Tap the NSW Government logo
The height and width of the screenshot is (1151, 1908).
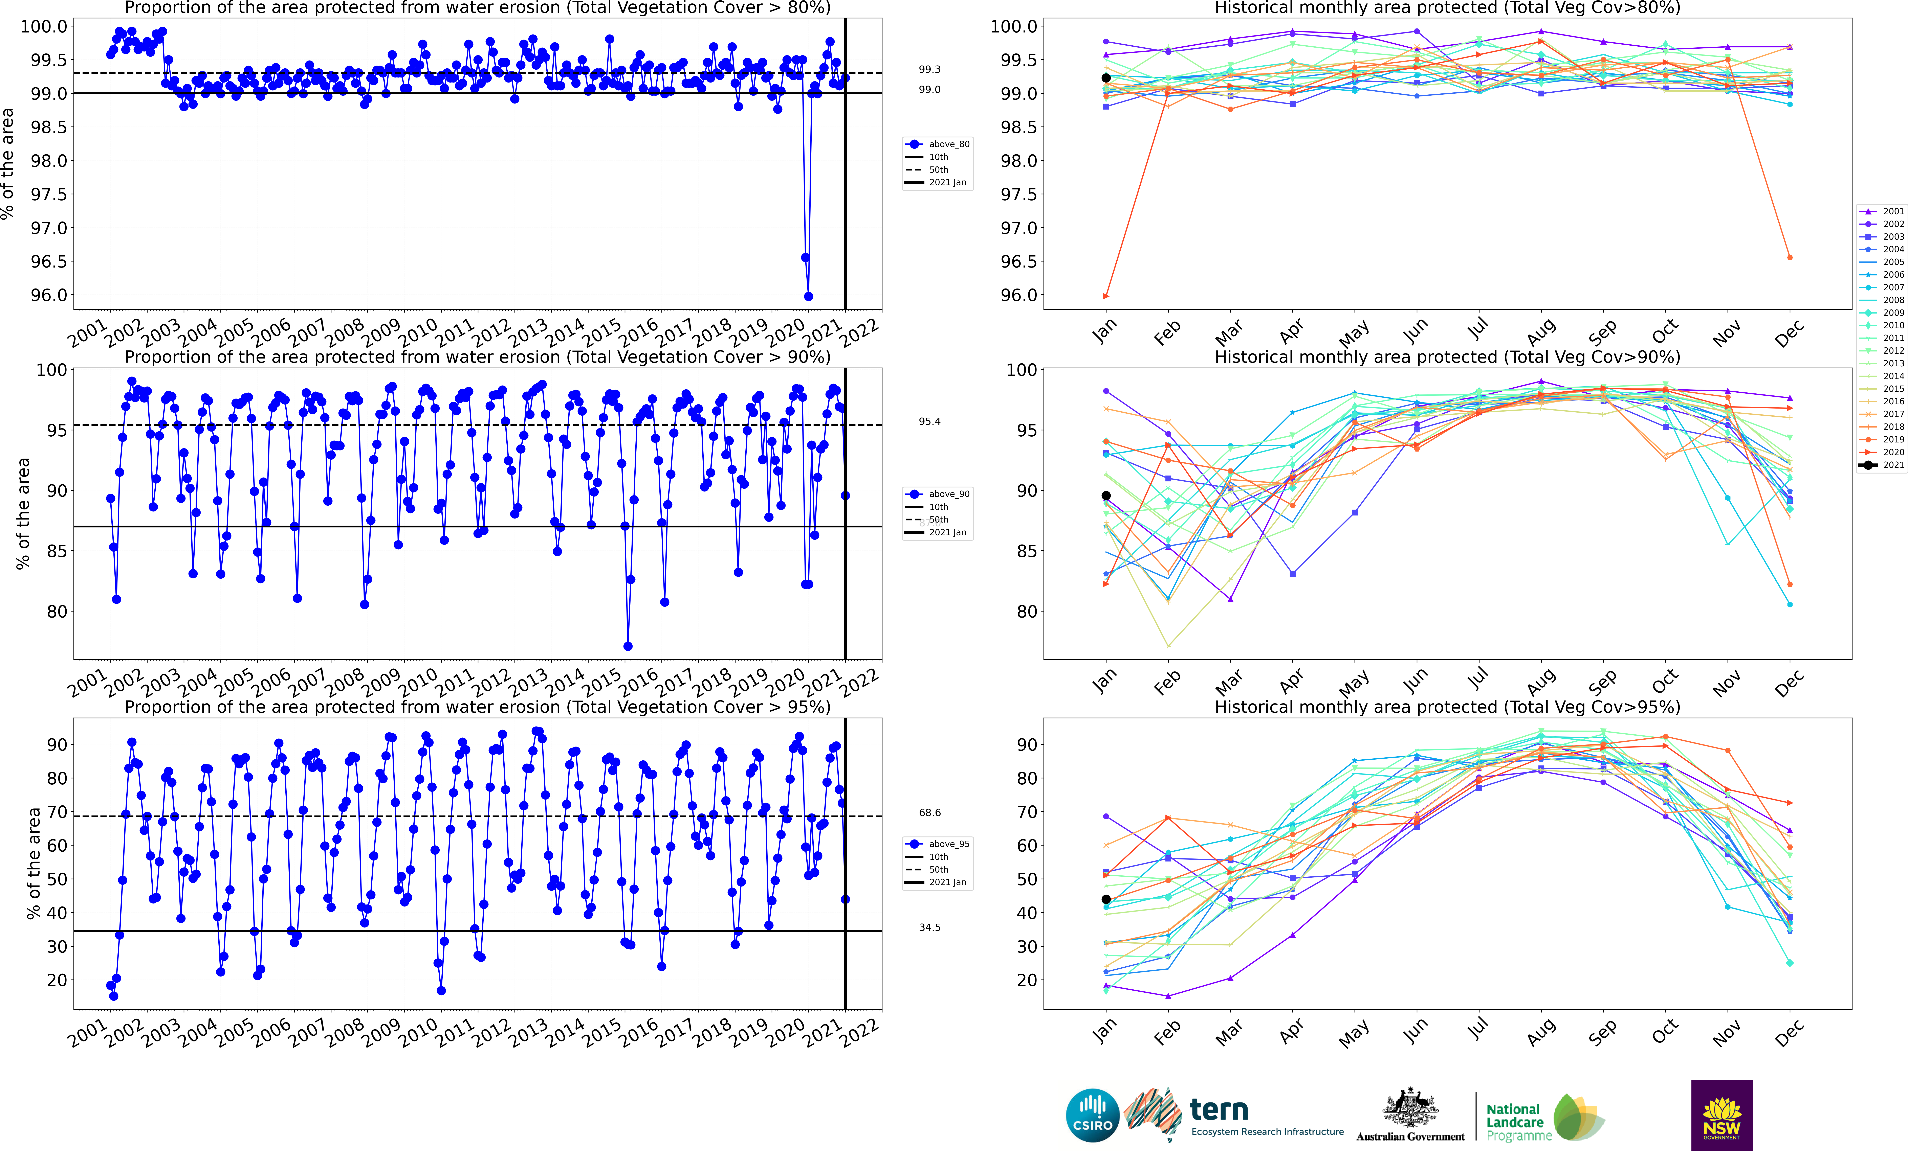(1721, 1115)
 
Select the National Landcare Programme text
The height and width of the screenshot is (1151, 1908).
(1518, 1122)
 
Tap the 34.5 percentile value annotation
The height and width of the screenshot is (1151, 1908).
(929, 927)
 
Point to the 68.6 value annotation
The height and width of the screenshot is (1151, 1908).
(929, 813)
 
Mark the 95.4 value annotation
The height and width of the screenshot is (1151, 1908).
(929, 422)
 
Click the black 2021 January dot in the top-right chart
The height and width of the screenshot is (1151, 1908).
(1106, 78)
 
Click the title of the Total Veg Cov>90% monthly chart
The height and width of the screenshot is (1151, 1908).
(1447, 358)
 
